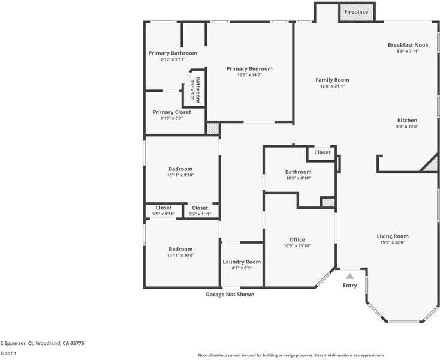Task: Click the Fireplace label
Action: (356, 12)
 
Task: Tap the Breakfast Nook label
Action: (408, 45)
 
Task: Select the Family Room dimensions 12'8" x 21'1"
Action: (332, 86)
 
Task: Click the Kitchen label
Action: (407, 120)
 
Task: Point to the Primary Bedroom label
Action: (249, 69)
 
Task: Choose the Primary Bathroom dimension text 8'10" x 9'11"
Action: (173, 59)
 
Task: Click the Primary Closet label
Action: (171, 112)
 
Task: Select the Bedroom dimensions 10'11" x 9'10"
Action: (180, 175)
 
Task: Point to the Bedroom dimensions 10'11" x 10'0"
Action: (180, 255)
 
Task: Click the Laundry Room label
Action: (242, 262)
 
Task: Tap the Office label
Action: (297, 239)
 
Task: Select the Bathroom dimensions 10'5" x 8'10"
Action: (299, 178)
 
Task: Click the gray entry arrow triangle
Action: (349, 277)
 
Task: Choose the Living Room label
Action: (393, 236)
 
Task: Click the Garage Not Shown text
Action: (230, 294)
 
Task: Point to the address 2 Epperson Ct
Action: (17, 343)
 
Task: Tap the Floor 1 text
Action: (8, 353)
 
